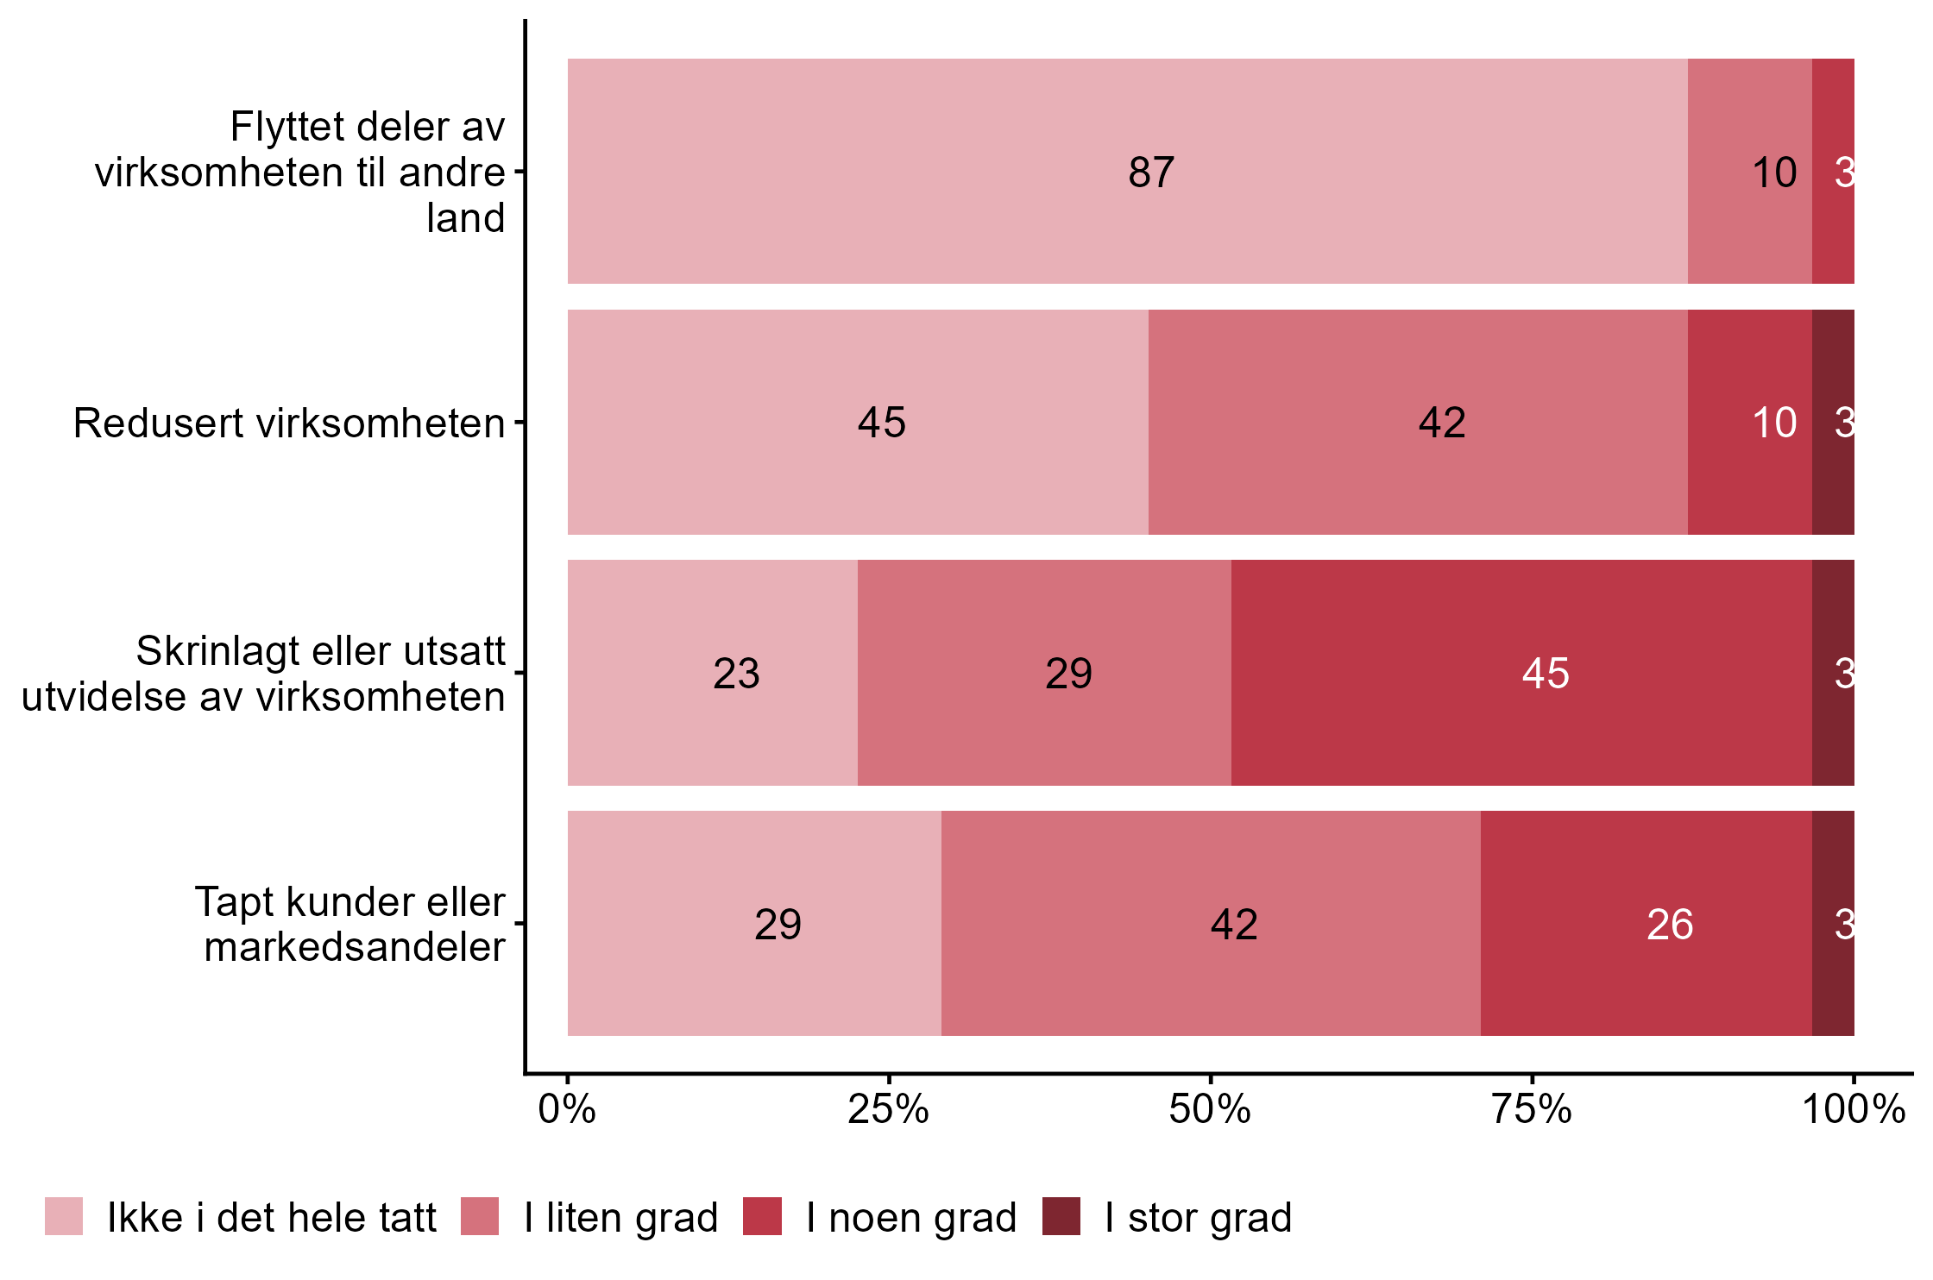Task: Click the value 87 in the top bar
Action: (1150, 173)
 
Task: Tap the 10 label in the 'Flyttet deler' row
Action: (1773, 173)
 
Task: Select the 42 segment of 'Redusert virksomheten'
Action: (1441, 423)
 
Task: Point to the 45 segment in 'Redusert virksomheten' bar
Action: (881, 423)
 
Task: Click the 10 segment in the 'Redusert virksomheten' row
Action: (1773, 423)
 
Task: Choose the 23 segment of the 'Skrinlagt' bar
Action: (736, 674)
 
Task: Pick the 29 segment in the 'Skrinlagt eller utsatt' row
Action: (1068, 674)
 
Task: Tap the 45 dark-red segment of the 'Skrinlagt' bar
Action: (1545, 674)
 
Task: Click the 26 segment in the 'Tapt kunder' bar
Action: (1669, 925)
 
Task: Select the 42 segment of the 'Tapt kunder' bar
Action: (1234, 925)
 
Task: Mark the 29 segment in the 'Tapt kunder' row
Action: (778, 925)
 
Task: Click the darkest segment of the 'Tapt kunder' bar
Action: (1833, 925)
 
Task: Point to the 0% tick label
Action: (567, 1109)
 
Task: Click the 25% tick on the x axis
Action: (888, 1109)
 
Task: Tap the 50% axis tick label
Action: (1210, 1109)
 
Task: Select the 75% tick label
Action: (1532, 1109)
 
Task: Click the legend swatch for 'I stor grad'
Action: (1061, 1216)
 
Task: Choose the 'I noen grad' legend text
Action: (911, 1218)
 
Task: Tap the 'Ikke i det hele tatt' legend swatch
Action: (64, 1216)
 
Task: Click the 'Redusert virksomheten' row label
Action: (289, 424)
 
